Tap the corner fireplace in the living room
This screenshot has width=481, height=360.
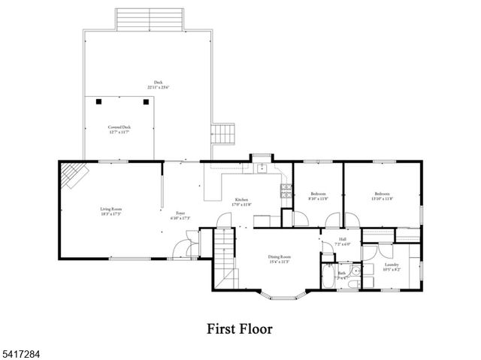[x=74, y=175]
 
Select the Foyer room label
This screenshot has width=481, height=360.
[x=181, y=213]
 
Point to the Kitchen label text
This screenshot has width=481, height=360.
[x=241, y=199]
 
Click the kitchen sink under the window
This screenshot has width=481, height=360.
[x=261, y=167]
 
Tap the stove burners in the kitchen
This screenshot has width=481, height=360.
[x=286, y=191]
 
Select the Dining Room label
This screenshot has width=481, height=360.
[x=280, y=257]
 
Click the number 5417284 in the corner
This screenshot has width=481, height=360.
[x=18, y=351]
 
